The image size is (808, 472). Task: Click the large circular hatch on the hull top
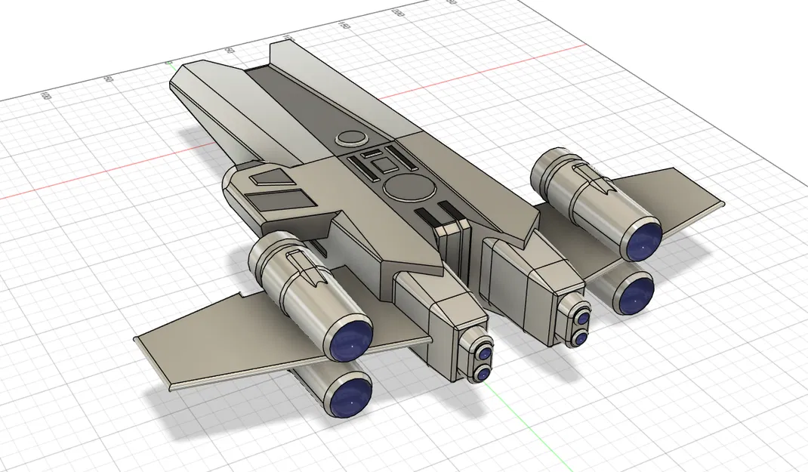[x=408, y=187]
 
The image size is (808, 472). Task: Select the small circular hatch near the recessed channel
[x=350, y=137]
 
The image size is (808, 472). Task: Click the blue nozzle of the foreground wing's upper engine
[x=353, y=338]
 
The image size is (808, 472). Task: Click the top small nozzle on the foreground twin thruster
[x=483, y=353]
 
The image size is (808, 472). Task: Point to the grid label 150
[x=344, y=26]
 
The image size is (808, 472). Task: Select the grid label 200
[x=397, y=13]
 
